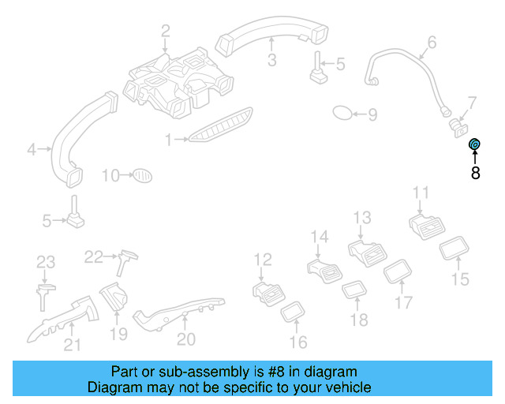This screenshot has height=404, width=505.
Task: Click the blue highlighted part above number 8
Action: click(475, 144)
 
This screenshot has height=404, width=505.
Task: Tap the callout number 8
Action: click(475, 174)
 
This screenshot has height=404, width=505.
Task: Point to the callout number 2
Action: click(165, 32)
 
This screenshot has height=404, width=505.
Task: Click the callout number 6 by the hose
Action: click(432, 42)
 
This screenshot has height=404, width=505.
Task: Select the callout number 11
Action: click(421, 193)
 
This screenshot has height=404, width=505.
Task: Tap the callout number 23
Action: click(46, 262)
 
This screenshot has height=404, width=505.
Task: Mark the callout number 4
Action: click(32, 148)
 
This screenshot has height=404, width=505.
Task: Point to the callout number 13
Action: click(361, 217)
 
